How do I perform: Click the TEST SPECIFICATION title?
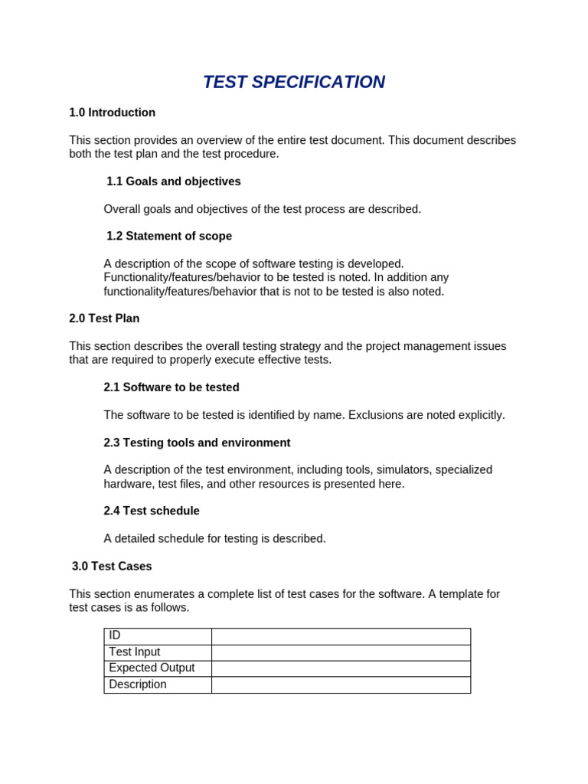pyautogui.click(x=294, y=82)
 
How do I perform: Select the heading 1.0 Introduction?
pyautogui.click(x=112, y=113)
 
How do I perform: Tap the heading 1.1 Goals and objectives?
pyautogui.click(x=174, y=181)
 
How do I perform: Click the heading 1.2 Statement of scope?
pyautogui.click(x=169, y=236)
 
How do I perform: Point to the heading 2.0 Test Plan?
pyautogui.click(x=104, y=318)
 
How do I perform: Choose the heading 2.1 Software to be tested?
pyautogui.click(x=171, y=387)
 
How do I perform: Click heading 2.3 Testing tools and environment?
pyautogui.click(x=197, y=443)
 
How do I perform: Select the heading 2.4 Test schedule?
pyautogui.click(x=152, y=511)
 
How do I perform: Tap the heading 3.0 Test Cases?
pyautogui.click(x=112, y=567)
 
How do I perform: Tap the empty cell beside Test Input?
pyautogui.click(x=341, y=652)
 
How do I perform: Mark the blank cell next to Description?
pyautogui.click(x=341, y=684)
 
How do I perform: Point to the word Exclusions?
pyautogui.click(x=374, y=415)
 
